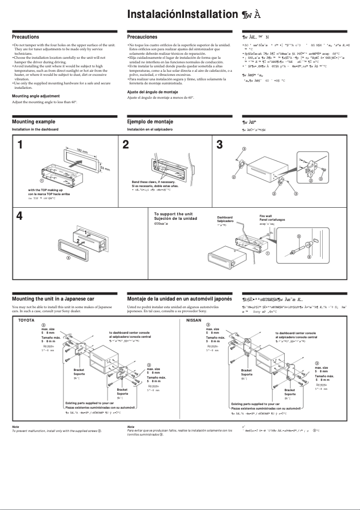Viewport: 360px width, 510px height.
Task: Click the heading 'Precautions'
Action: (25, 37)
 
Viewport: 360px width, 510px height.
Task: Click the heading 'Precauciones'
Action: (142, 37)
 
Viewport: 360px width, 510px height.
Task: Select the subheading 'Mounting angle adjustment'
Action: (35, 96)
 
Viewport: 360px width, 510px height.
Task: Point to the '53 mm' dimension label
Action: (105, 169)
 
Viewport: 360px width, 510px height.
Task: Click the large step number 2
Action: (126, 145)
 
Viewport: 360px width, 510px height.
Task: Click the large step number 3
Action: (220, 145)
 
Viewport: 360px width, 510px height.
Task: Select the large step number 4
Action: (19, 216)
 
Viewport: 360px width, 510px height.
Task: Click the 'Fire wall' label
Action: (266, 216)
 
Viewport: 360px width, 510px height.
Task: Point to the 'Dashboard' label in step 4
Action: (225, 217)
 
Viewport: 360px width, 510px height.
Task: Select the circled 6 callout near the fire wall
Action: (309, 257)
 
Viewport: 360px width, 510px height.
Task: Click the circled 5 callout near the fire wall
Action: (299, 236)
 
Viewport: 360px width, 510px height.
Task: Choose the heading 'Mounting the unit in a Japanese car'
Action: (53, 298)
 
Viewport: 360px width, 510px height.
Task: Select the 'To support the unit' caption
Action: (173, 214)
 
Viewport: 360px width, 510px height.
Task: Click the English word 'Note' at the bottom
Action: (15, 427)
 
